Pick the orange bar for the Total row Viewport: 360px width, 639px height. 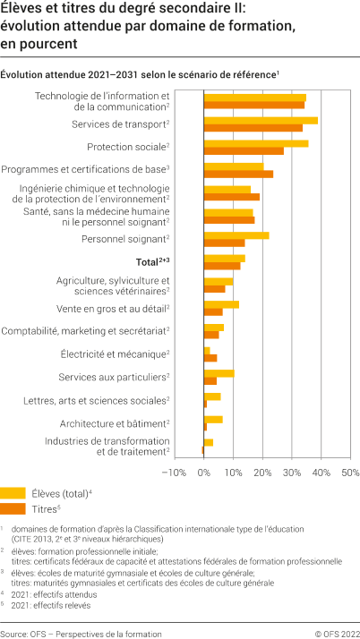point(221,266)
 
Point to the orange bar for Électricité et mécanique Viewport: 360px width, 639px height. point(210,358)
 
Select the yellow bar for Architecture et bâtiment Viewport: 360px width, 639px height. point(213,419)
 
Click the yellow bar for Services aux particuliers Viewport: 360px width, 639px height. point(219,373)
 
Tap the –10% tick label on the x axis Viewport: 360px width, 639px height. point(173,472)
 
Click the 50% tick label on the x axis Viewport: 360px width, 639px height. point(350,472)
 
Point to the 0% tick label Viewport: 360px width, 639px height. point(203,472)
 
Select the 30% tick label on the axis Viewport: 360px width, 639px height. point(292,472)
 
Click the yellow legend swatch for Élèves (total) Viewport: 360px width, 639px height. point(13,492)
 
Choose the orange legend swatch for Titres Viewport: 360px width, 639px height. point(13,508)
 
